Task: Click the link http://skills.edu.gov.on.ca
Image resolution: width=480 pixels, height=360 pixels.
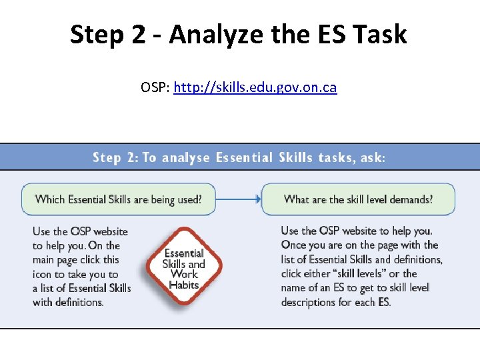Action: pyautogui.click(x=255, y=87)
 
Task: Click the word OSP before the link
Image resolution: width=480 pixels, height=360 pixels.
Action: pyautogui.click(x=155, y=87)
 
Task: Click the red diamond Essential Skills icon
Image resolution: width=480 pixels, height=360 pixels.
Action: pyautogui.click(x=184, y=267)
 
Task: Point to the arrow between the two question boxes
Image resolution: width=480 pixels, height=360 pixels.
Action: pyautogui.click(x=238, y=199)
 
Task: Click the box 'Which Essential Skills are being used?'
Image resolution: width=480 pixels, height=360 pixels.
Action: pyautogui.click(x=119, y=199)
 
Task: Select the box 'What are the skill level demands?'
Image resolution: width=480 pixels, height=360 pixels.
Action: pyautogui.click(x=358, y=199)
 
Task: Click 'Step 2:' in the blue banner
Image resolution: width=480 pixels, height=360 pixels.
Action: pyautogui.click(x=115, y=158)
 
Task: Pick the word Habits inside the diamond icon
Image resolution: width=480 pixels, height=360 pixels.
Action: pyautogui.click(x=184, y=285)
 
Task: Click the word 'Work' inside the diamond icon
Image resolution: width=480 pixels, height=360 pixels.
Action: pyautogui.click(x=184, y=274)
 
